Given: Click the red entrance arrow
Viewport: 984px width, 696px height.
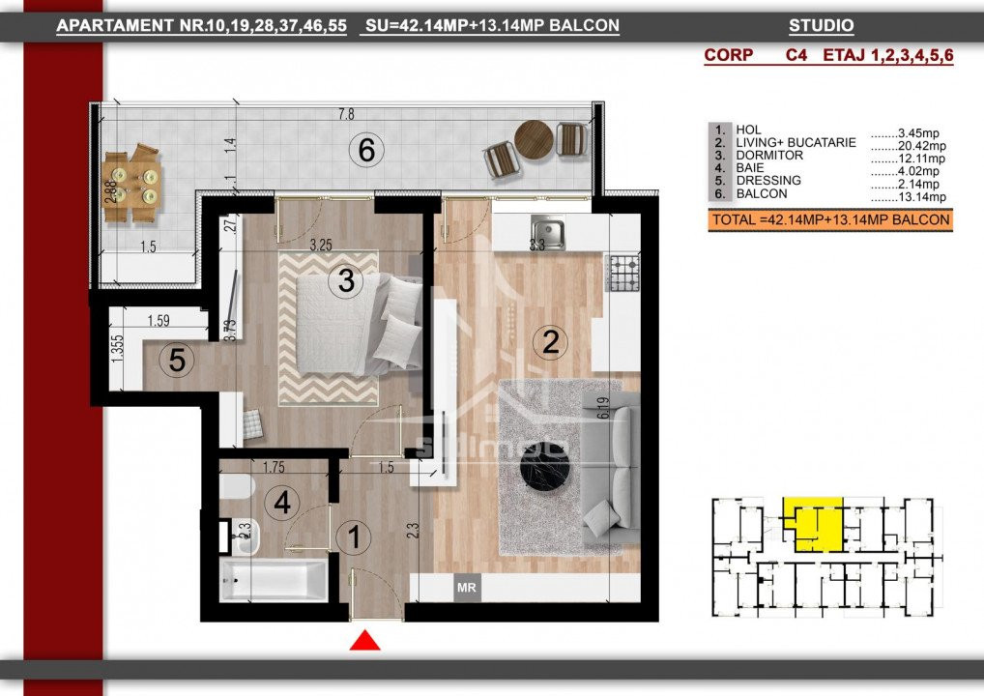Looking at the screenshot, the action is pyautogui.click(x=364, y=641).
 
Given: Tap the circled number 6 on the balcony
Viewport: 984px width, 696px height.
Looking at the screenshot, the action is pyautogui.click(x=366, y=151).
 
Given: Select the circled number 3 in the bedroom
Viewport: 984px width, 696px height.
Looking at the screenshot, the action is pyautogui.click(x=346, y=280).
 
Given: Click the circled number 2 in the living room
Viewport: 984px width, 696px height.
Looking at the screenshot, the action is pyautogui.click(x=550, y=342).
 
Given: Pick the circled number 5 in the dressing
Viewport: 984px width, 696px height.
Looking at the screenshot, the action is pyautogui.click(x=177, y=361).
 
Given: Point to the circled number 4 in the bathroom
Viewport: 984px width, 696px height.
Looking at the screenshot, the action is pyautogui.click(x=282, y=502).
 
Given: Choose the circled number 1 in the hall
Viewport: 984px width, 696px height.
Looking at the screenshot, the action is pyautogui.click(x=354, y=537).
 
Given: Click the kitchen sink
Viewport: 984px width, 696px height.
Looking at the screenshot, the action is pyautogui.click(x=547, y=231).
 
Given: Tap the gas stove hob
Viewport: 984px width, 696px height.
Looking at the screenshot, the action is pyautogui.click(x=622, y=274).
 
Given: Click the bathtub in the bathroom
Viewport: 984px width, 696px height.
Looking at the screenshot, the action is pyautogui.click(x=274, y=581).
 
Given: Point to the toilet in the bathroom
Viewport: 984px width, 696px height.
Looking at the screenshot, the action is pyautogui.click(x=236, y=486).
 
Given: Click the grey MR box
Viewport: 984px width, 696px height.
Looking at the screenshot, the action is pyautogui.click(x=466, y=588).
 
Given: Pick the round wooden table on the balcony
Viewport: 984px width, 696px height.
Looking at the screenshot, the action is pyautogui.click(x=534, y=140).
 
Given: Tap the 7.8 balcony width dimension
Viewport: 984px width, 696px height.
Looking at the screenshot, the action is pyautogui.click(x=346, y=114).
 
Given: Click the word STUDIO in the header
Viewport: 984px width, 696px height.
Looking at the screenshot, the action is pyautogui.click(x=821, y=26).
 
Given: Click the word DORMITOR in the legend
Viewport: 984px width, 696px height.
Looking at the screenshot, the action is pyautogui.click(x=769, y=155).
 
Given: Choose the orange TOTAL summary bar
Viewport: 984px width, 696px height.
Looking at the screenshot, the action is pyautogui.click(x=830, y=220).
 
